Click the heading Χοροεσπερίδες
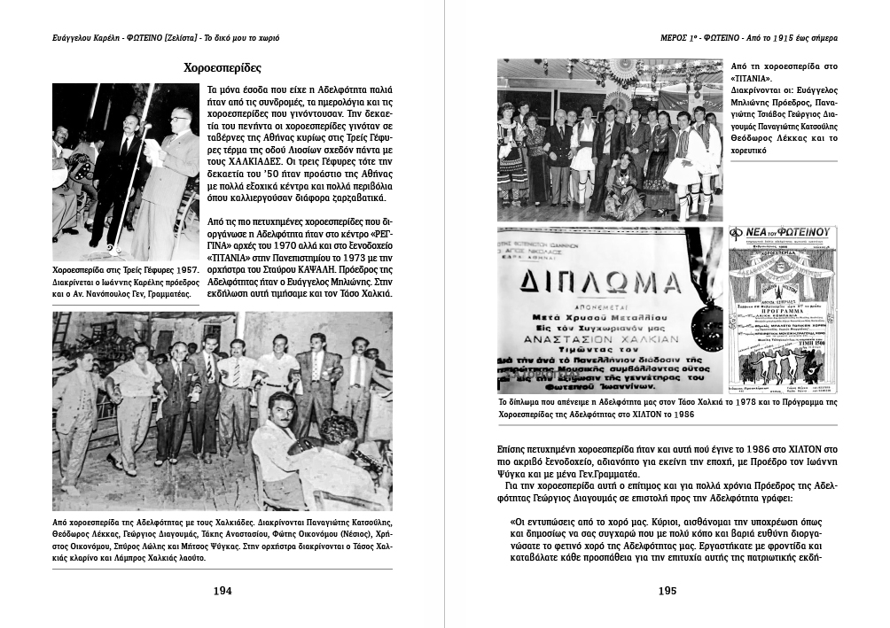[222, 67]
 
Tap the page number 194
[222, 591]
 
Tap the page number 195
[668, 591]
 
